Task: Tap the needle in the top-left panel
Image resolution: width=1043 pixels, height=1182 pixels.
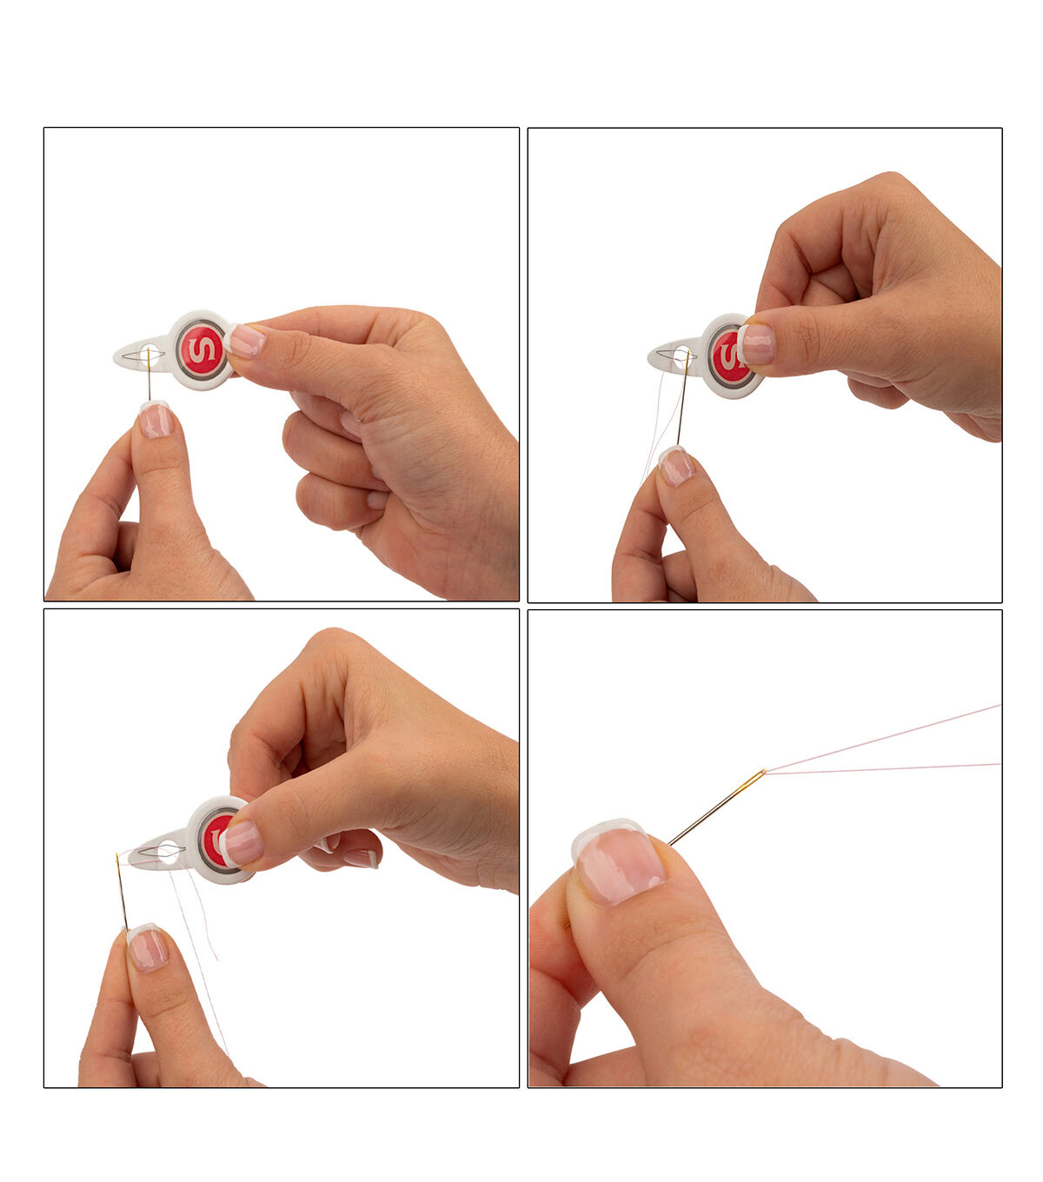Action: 149,374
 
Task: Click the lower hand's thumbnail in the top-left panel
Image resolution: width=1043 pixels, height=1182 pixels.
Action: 156,420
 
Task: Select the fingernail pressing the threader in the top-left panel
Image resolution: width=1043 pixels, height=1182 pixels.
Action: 246,342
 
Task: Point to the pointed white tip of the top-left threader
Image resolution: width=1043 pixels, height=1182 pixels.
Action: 115,356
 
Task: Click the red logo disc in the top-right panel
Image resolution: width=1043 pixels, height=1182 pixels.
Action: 727,356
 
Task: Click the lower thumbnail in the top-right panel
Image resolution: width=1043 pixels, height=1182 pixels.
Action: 676,466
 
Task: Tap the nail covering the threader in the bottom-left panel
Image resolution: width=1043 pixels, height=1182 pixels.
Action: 241,843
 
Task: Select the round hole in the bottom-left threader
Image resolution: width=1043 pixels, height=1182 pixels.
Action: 168,853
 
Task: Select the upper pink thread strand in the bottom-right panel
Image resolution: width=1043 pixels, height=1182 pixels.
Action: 882,739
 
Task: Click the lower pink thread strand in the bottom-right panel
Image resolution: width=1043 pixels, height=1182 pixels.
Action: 882,769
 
